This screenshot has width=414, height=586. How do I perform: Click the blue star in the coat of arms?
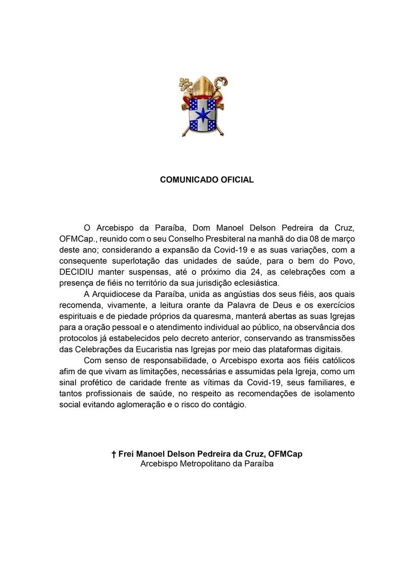tap(202, 116)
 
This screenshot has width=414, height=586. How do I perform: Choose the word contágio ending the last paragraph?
tap(231, 405)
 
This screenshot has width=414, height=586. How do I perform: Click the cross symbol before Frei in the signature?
tap(114, 454)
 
